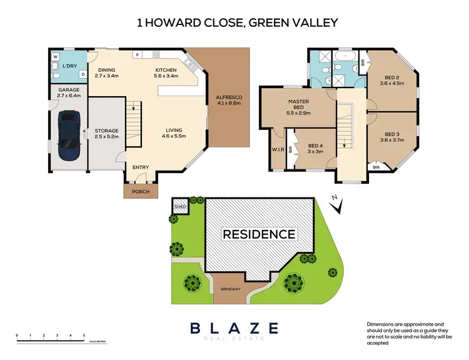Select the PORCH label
141,192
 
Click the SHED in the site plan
180,206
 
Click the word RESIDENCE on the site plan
259,234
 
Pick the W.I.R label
278,149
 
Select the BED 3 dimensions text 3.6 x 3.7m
392,141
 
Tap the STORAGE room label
106,131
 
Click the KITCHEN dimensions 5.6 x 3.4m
166,76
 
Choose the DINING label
107,70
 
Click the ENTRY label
141,167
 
